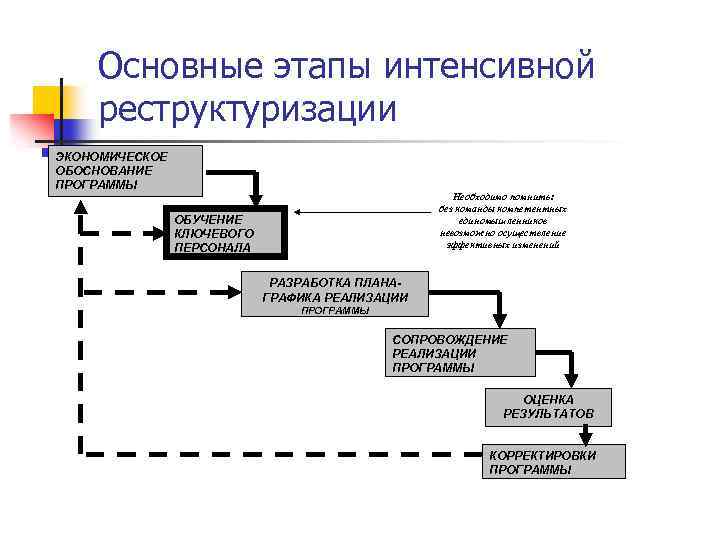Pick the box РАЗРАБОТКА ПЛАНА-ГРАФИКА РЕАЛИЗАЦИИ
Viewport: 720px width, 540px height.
tap(335, 291)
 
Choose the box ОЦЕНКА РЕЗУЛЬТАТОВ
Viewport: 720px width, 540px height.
tap(548, 405)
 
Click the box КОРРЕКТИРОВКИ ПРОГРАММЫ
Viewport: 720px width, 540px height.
tap(556, 462)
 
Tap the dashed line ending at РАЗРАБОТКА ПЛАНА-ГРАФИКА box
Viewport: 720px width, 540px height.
tap(160, 291)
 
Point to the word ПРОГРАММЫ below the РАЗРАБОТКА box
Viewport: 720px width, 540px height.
tap(335, 311)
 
